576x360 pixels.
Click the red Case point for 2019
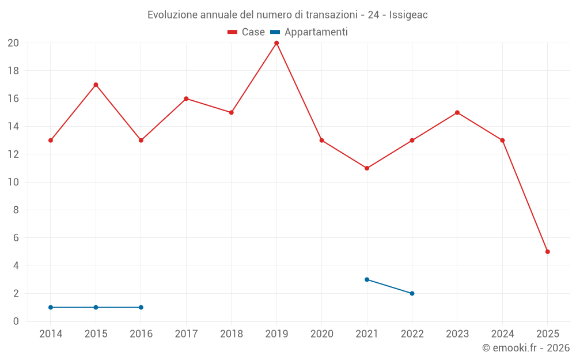click(x=276, y=43)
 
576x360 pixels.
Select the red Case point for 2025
click(x=547, y=252)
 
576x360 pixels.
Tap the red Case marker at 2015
click(x=96, y=85)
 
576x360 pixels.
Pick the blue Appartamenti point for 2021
click(x=367, y=279)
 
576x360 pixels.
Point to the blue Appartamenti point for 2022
click(x=412, y=293)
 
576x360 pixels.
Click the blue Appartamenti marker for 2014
click(x=51, y=307)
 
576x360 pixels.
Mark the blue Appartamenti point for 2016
click(x=141, y=307)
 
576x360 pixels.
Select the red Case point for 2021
click(x=367, y=168)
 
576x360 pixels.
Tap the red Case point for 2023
click(x=457, y=112)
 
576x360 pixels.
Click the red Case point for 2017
click(x=186, y=98)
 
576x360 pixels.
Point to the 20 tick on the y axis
click(x=13, y=43)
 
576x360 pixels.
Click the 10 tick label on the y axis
click(x=13, y=182)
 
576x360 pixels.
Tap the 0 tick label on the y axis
click(x=16, y=321)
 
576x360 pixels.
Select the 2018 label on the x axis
click(x=231, y=334)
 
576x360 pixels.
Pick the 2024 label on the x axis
click(x=502, y=334)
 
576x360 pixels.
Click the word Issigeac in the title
click(x=408, y=15)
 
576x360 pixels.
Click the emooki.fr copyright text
click(x=526, y=348)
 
